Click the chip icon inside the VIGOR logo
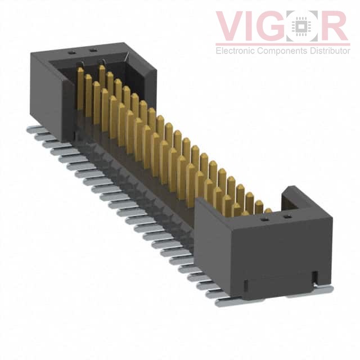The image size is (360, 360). coord(304,26)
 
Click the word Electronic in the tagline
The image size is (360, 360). coord(235,51)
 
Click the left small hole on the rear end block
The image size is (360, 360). coord(71,52)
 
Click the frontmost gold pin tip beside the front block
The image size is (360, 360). coord(268,211)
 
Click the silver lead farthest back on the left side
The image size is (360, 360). coord(35,129)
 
